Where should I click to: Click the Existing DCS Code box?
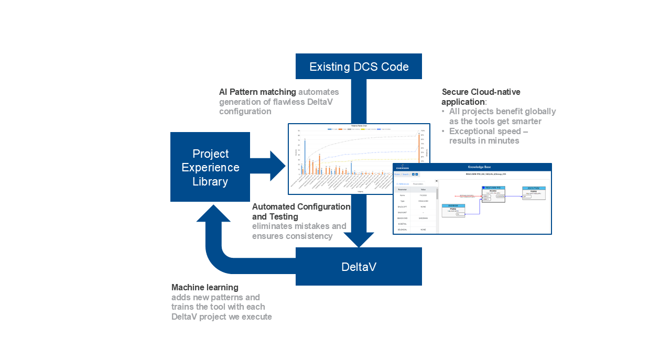point(359,67)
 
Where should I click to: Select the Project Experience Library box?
point(210,167)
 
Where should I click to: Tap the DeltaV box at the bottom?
point(359,267)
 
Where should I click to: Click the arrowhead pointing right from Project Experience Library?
point(277,166)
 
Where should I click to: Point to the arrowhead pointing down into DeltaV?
point(359,239)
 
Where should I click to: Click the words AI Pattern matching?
point(257,92)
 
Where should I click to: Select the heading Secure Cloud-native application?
point(481,97)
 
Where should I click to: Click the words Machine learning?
point(204,288)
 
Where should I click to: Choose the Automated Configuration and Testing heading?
point(301,212)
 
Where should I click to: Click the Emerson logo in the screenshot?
point(403,168)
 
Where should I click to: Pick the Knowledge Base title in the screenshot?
point(479,167)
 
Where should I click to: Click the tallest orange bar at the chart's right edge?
point(419,147)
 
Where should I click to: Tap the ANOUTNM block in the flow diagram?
point(534,192)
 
